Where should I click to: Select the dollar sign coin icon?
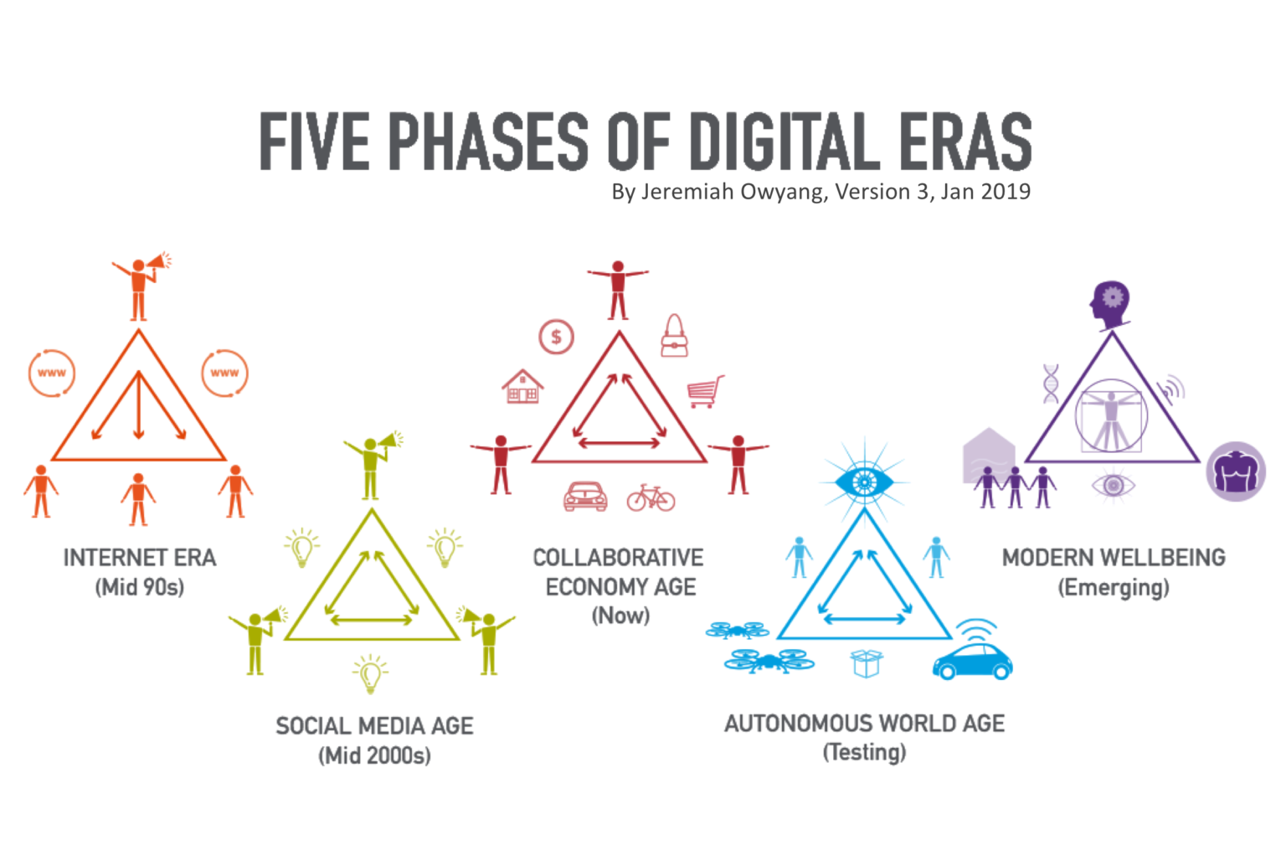click(x=556, y=338)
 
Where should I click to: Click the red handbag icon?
click(x=674, y=337)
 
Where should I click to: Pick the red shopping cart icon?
click(x=705, y=391)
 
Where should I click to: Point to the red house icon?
click(x=522, y=387)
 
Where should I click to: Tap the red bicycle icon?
click(x=651, y=497)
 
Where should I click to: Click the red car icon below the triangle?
click(x=585, y=497)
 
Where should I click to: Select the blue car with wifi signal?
click(x=973, y=653)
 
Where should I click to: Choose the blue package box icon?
click(x=866, y=663)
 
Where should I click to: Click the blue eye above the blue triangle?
click(x=864, y=482)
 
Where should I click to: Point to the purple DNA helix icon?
click(x=1051, y=384)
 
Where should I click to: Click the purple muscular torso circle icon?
click(x=1236, y=472)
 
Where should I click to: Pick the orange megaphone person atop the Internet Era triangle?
click(x=141, y=287)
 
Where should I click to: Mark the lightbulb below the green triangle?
click(x=370, y=674)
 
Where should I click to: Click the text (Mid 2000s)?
click(x=374, y=755)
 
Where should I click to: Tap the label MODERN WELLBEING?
click(x=1114, y=558)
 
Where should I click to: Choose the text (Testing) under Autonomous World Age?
click(x=864, y=752)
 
